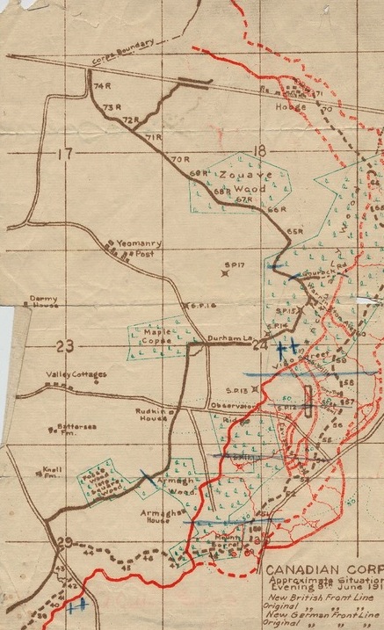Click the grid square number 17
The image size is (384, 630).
click(63, 155)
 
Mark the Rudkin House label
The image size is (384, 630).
click(153, 416)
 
